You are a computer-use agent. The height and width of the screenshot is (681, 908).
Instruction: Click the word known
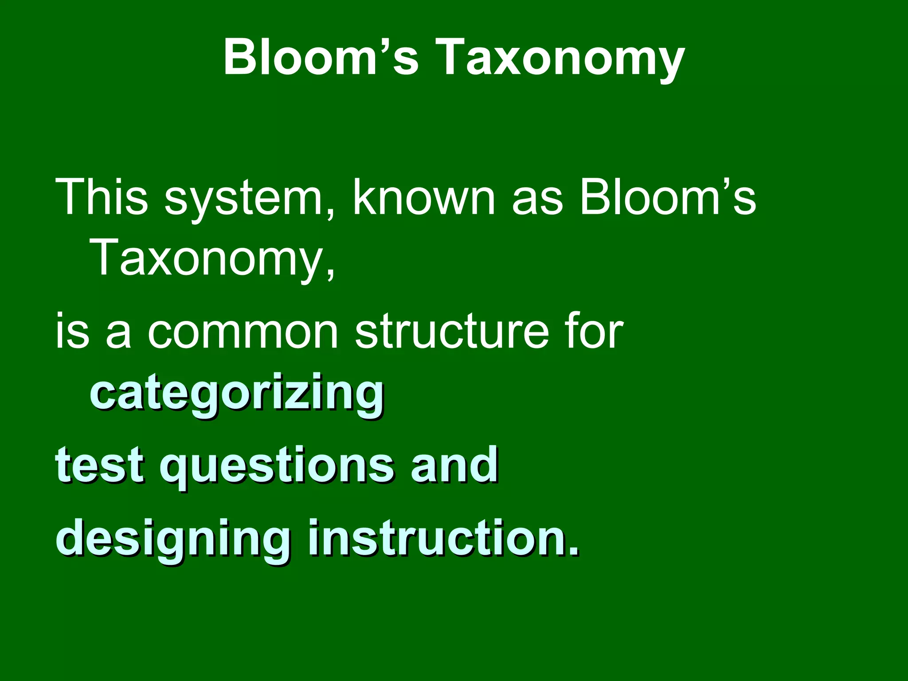423,197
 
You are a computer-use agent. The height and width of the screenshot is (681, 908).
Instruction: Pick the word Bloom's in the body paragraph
667,197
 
